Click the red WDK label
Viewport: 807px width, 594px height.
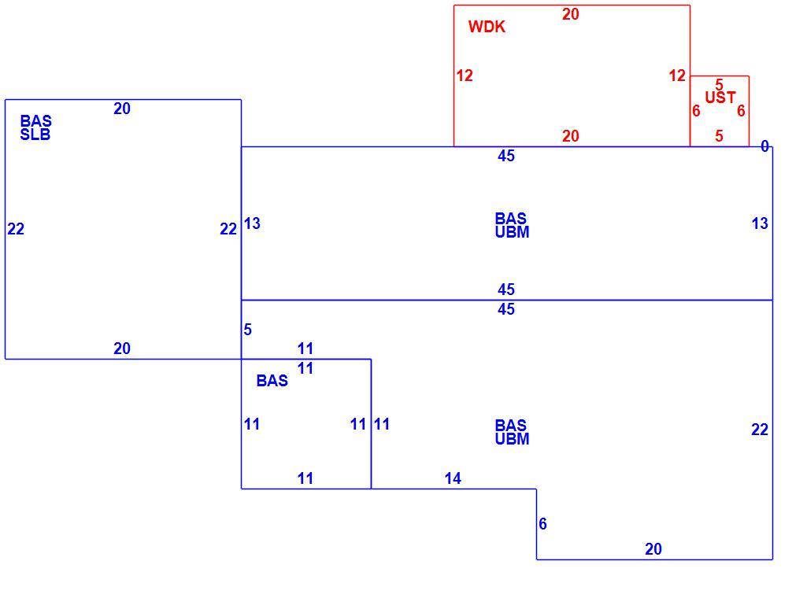click(487, 27)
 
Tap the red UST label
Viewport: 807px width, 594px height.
click(720, 98)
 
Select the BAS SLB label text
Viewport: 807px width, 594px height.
click(35, 127)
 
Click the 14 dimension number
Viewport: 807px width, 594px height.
click(453, 478)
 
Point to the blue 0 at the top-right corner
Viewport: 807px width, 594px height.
click(764, 146)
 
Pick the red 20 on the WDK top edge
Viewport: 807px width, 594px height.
click(570, 14)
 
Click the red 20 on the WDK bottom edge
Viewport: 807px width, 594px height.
click(570, 136)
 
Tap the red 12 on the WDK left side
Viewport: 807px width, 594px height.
click(465, 76)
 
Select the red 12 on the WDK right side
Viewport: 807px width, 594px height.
click(677, 76)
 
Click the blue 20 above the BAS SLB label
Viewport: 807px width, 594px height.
click(122, 109)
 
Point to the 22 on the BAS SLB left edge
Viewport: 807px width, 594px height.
click(16, 229)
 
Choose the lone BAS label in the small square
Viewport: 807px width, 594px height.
click(272, 381)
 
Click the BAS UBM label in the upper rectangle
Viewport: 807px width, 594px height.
click(512, 225)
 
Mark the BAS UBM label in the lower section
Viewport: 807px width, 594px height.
click(512, 432)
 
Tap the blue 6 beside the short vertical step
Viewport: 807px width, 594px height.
click(543, 523)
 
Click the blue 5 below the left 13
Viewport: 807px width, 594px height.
click(247, 330)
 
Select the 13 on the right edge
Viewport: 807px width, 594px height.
click(760, 223)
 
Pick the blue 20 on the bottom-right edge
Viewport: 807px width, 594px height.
click(653, 548)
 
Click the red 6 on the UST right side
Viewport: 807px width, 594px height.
click(741, 111)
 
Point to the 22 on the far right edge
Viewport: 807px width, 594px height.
click(760, 430)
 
